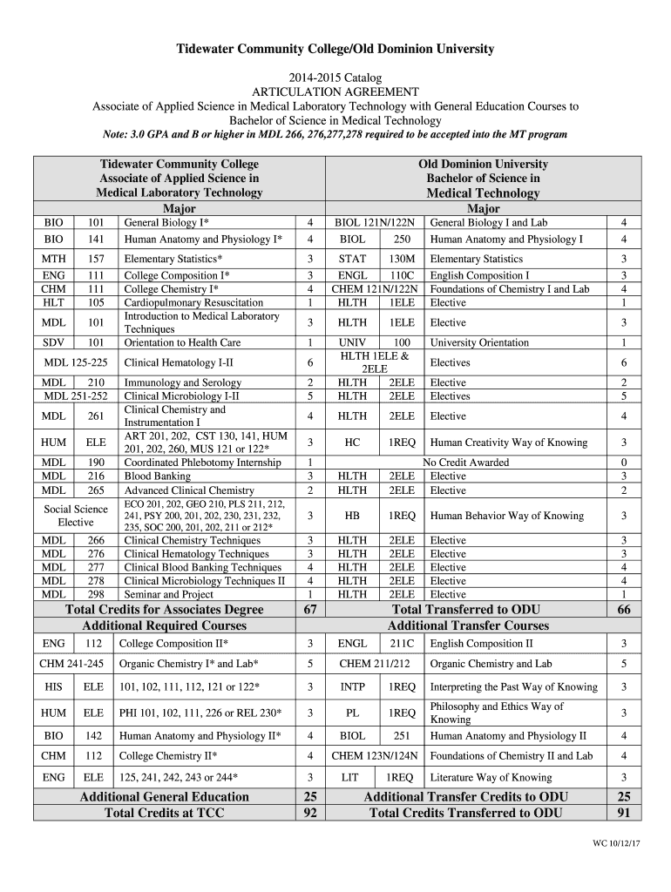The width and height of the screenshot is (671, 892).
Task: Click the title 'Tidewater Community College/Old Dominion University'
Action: click(335, 49)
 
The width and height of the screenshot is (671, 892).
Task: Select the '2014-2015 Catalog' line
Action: click(335, 78)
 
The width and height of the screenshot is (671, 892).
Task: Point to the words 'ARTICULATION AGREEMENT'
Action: click(335, 92)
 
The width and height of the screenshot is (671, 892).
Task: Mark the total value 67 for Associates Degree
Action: click(309, 611)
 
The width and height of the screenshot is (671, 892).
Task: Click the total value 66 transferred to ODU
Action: click(623, 611)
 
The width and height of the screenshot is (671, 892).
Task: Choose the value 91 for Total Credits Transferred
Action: click(623, 813)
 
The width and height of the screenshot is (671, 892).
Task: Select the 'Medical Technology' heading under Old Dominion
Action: click(483, 193)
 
